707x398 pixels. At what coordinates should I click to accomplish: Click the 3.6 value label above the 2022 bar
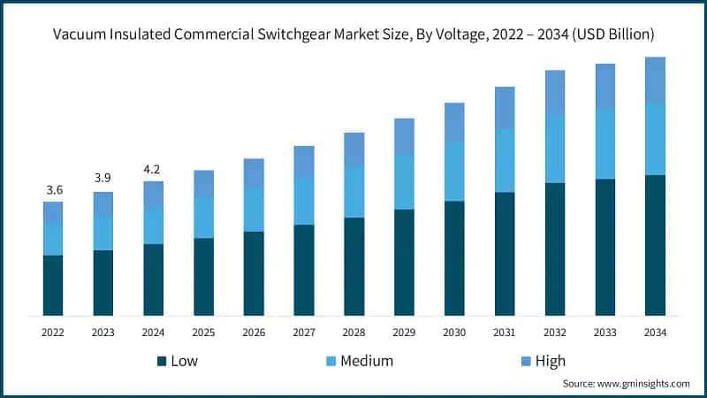(53, 189)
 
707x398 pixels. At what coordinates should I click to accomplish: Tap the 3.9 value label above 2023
(103, 179)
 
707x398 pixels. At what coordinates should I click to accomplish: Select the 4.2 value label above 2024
(154, 169)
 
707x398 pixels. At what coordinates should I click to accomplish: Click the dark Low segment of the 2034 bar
(655, 245)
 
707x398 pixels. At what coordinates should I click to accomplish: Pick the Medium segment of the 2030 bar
(454, 171)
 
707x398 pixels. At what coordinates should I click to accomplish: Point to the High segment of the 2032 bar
(555, 92)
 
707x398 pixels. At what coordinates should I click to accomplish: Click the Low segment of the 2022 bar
(53, 285)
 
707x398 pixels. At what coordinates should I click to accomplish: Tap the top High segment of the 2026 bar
(254, 173)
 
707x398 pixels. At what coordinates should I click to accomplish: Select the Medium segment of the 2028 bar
(354, 192)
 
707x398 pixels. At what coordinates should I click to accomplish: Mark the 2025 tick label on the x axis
(203, 333)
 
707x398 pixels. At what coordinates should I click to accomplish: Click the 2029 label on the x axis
(404, 333)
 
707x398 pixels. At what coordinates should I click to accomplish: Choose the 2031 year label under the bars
(505, 333)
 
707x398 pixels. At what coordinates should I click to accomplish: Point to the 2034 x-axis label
(655, 333)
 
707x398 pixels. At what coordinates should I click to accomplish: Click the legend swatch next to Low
(162, 361)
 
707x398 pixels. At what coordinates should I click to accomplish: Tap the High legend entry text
(550, 361)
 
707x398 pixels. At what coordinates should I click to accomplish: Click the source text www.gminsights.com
(642, 383)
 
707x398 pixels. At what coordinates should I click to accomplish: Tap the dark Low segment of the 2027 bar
(304, 270)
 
